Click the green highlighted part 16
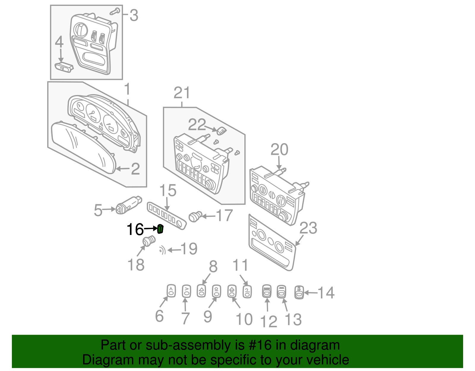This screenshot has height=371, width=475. [160, 229]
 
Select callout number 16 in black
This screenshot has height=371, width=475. [135, 229]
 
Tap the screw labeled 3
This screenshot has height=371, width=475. [114, 12]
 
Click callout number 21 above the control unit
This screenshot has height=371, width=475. [182, 93]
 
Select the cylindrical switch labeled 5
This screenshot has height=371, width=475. [129, 205]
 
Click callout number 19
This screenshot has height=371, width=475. [189, 249]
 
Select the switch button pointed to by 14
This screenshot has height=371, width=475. [299, 292]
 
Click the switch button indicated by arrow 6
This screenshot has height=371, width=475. [171, 291]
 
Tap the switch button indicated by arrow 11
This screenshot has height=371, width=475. [247, 291]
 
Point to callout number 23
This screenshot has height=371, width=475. [308, 228]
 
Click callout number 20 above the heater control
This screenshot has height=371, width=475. [279, 149]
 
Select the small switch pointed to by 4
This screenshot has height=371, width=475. [64, 67]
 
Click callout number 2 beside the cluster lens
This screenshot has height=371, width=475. [135, 169]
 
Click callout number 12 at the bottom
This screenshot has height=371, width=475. [268, 321]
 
